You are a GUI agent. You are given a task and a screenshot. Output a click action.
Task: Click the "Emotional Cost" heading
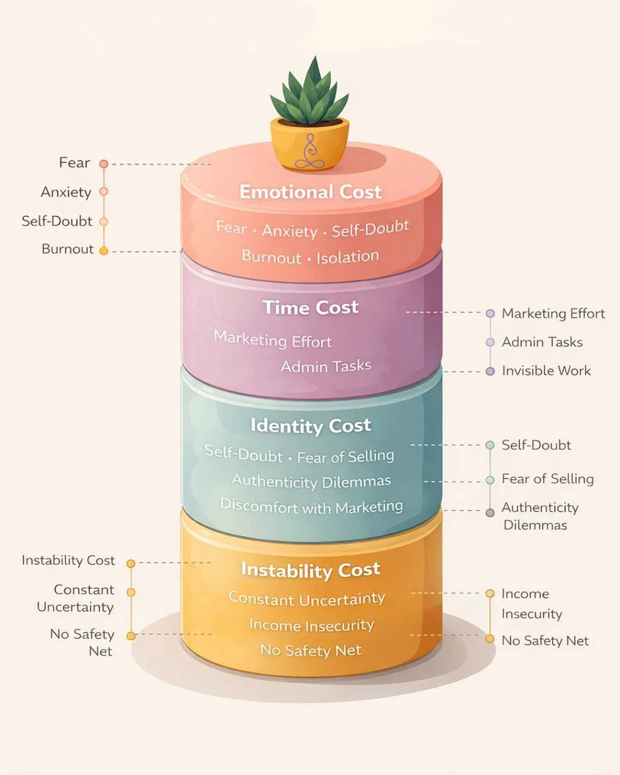click(x=310, y=192)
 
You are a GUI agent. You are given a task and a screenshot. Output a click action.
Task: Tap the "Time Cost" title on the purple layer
click(x=310, y=308)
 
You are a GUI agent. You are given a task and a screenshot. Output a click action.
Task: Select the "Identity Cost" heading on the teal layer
click(x=310, y=425)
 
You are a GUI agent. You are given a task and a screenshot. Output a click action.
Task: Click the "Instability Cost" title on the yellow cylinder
click(x=310, y=569)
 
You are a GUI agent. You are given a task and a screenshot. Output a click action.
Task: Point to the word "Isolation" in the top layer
click(x=347, y=257)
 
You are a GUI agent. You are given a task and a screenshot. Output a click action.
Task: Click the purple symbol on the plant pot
click(x=310, y=152)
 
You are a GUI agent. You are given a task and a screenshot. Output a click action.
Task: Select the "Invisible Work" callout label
click(x=546, y=371)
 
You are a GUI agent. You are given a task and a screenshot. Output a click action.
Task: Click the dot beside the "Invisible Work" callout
click(x=490, y=371)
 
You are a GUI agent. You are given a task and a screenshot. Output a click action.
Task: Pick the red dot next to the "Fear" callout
click(x=104, y=164)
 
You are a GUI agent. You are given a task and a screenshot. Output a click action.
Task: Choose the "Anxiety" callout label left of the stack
click(x=66, y=192)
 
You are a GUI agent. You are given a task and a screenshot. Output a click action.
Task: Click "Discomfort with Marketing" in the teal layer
click(x=311, y=506)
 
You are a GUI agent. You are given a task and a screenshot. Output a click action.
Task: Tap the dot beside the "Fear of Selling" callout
click(x=490, y=480)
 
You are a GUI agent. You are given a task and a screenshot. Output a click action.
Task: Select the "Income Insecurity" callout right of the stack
click(x=531, y=603)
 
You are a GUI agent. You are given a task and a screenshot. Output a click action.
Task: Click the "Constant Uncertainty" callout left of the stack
click(x=75, y=598)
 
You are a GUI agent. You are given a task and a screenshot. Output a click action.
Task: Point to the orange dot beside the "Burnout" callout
click(x=104, y=251)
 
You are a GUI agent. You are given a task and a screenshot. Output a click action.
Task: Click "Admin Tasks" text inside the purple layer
click(x=325, y=366)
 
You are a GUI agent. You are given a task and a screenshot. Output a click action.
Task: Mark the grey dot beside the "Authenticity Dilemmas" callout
click(x=490, y=513)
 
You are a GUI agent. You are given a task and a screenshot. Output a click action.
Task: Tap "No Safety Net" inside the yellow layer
click(x=311, y=650)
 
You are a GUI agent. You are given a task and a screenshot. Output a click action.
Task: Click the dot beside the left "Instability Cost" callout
click(x=131, y=564)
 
